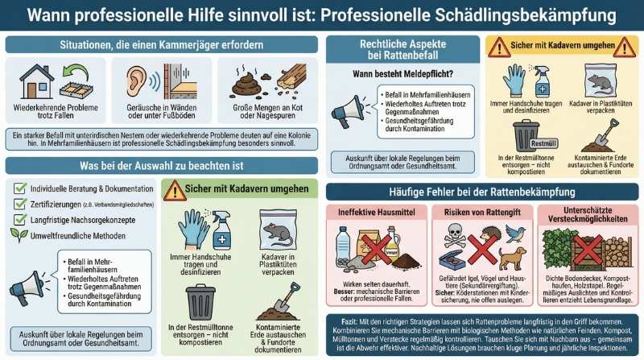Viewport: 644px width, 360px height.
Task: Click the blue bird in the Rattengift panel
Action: tap(512, 234)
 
